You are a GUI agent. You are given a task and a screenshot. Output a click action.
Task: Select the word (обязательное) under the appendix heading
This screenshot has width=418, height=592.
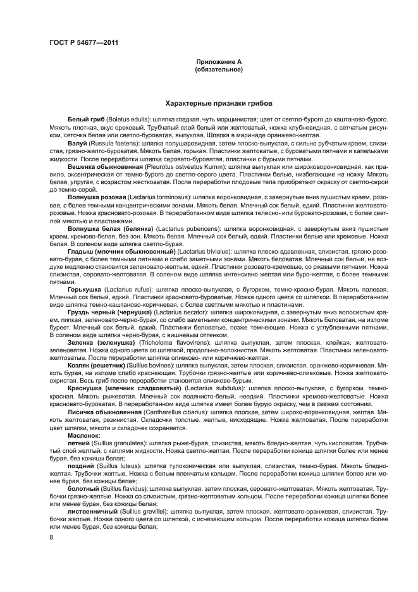point(219,70)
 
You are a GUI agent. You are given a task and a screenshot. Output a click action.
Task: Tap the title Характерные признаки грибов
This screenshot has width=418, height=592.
point(219,102)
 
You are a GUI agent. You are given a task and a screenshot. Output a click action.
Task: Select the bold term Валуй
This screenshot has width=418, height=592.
point(77,144)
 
